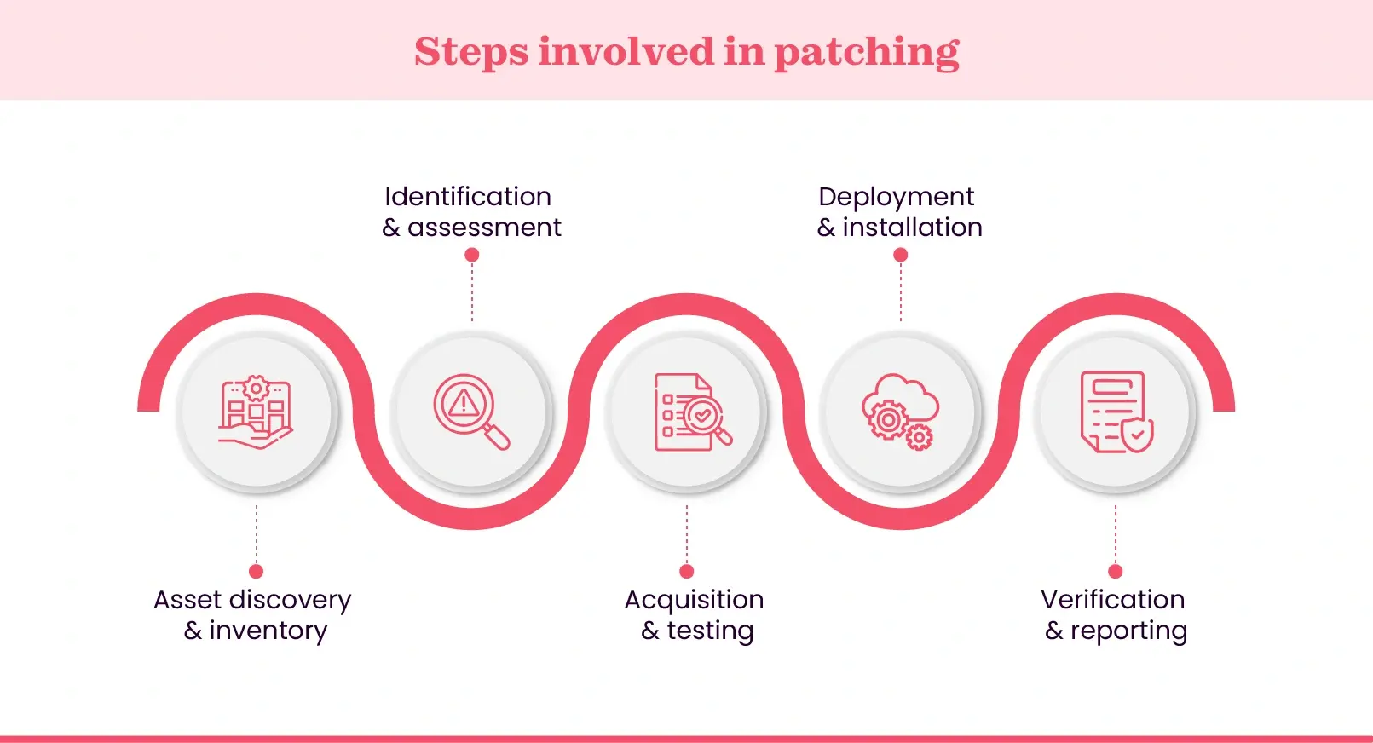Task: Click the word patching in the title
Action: point(866,52)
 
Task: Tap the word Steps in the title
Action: point(471,52)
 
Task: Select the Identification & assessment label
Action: point(470,211)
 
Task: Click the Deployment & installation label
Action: point(899,211)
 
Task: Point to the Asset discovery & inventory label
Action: point(253,614)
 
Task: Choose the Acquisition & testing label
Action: point(695,614)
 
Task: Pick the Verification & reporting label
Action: point(1115,614)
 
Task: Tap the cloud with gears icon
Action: point(900,412)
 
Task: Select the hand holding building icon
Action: point(256,412)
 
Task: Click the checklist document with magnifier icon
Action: point(691,412)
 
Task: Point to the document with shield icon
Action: point(1116,412)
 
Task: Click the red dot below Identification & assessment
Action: point(472,255)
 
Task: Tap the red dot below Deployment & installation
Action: point(901,255)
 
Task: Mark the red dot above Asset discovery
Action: point(256,571)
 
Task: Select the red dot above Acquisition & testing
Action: point(687,571)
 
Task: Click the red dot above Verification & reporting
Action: point(1116,571)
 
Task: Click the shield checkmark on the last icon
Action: point(1138,435)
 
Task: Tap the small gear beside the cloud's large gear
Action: point(919,438)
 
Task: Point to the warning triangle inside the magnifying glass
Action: point(463,403)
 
